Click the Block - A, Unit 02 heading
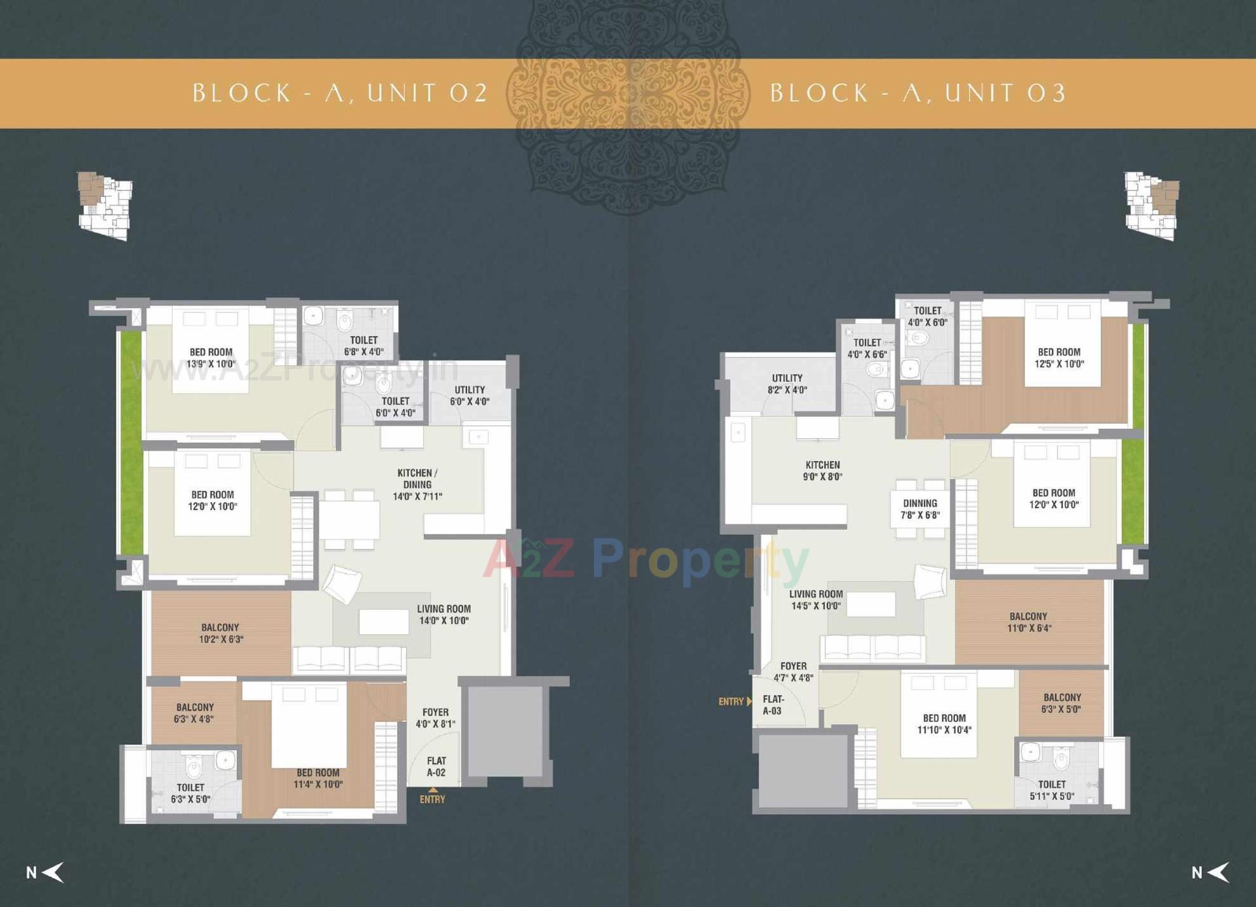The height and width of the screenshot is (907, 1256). point(340,93)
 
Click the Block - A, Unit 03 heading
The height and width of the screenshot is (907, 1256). point(918,93)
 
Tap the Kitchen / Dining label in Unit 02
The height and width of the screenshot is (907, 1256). point(417,485)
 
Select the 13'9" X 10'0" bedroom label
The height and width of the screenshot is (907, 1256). point(211,358)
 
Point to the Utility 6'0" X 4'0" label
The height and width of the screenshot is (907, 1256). point(470,396)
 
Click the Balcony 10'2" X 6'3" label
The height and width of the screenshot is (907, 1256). point(220,633)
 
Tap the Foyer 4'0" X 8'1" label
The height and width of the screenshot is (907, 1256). point(436,718)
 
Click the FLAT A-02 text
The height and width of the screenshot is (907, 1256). point(436,766)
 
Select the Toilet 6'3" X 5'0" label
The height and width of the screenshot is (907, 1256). point(190,793)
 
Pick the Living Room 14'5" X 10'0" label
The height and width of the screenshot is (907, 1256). point(816,600)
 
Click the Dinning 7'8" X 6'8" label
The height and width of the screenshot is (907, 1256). point(920,509)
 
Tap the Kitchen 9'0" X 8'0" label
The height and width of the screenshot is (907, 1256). point(822,471)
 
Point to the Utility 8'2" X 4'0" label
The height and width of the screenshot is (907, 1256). point(787,384)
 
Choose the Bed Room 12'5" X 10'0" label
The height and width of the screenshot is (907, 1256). point(1059,358)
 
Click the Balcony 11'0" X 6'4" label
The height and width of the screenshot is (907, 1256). point(1028,622)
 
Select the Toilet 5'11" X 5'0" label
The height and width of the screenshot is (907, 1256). point(1052,790)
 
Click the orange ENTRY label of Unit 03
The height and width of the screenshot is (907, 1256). point(731,702)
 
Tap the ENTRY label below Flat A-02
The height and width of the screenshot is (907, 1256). point(432,799)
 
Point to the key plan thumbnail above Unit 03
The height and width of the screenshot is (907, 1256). point(1152,206)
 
